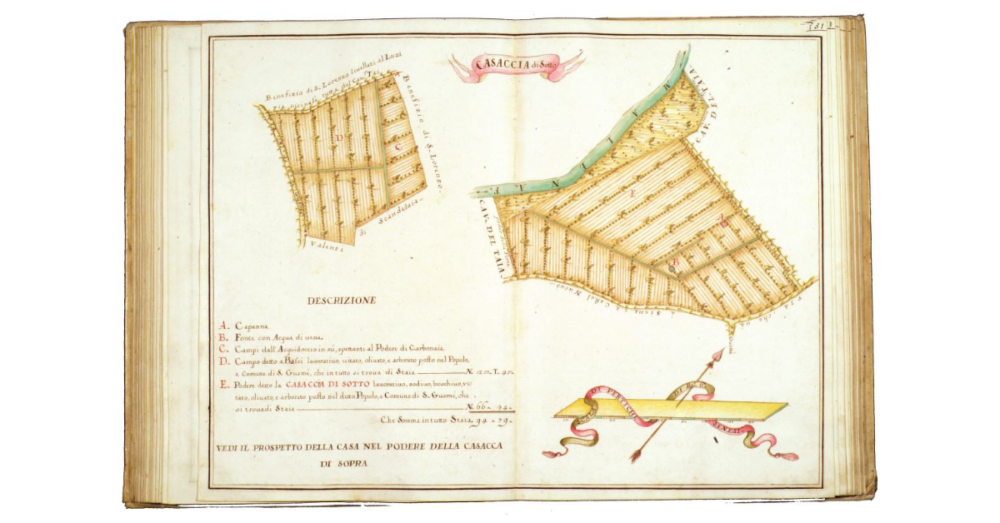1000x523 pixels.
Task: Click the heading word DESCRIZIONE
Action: click(341, 300)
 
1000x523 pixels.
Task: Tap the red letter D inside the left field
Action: click(339, 138)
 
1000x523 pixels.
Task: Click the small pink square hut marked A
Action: click(724, 223)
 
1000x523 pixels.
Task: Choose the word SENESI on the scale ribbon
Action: click(727, 425)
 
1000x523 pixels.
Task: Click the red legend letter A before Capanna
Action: click(222, 326)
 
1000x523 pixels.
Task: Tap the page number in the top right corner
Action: click(825, 27)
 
